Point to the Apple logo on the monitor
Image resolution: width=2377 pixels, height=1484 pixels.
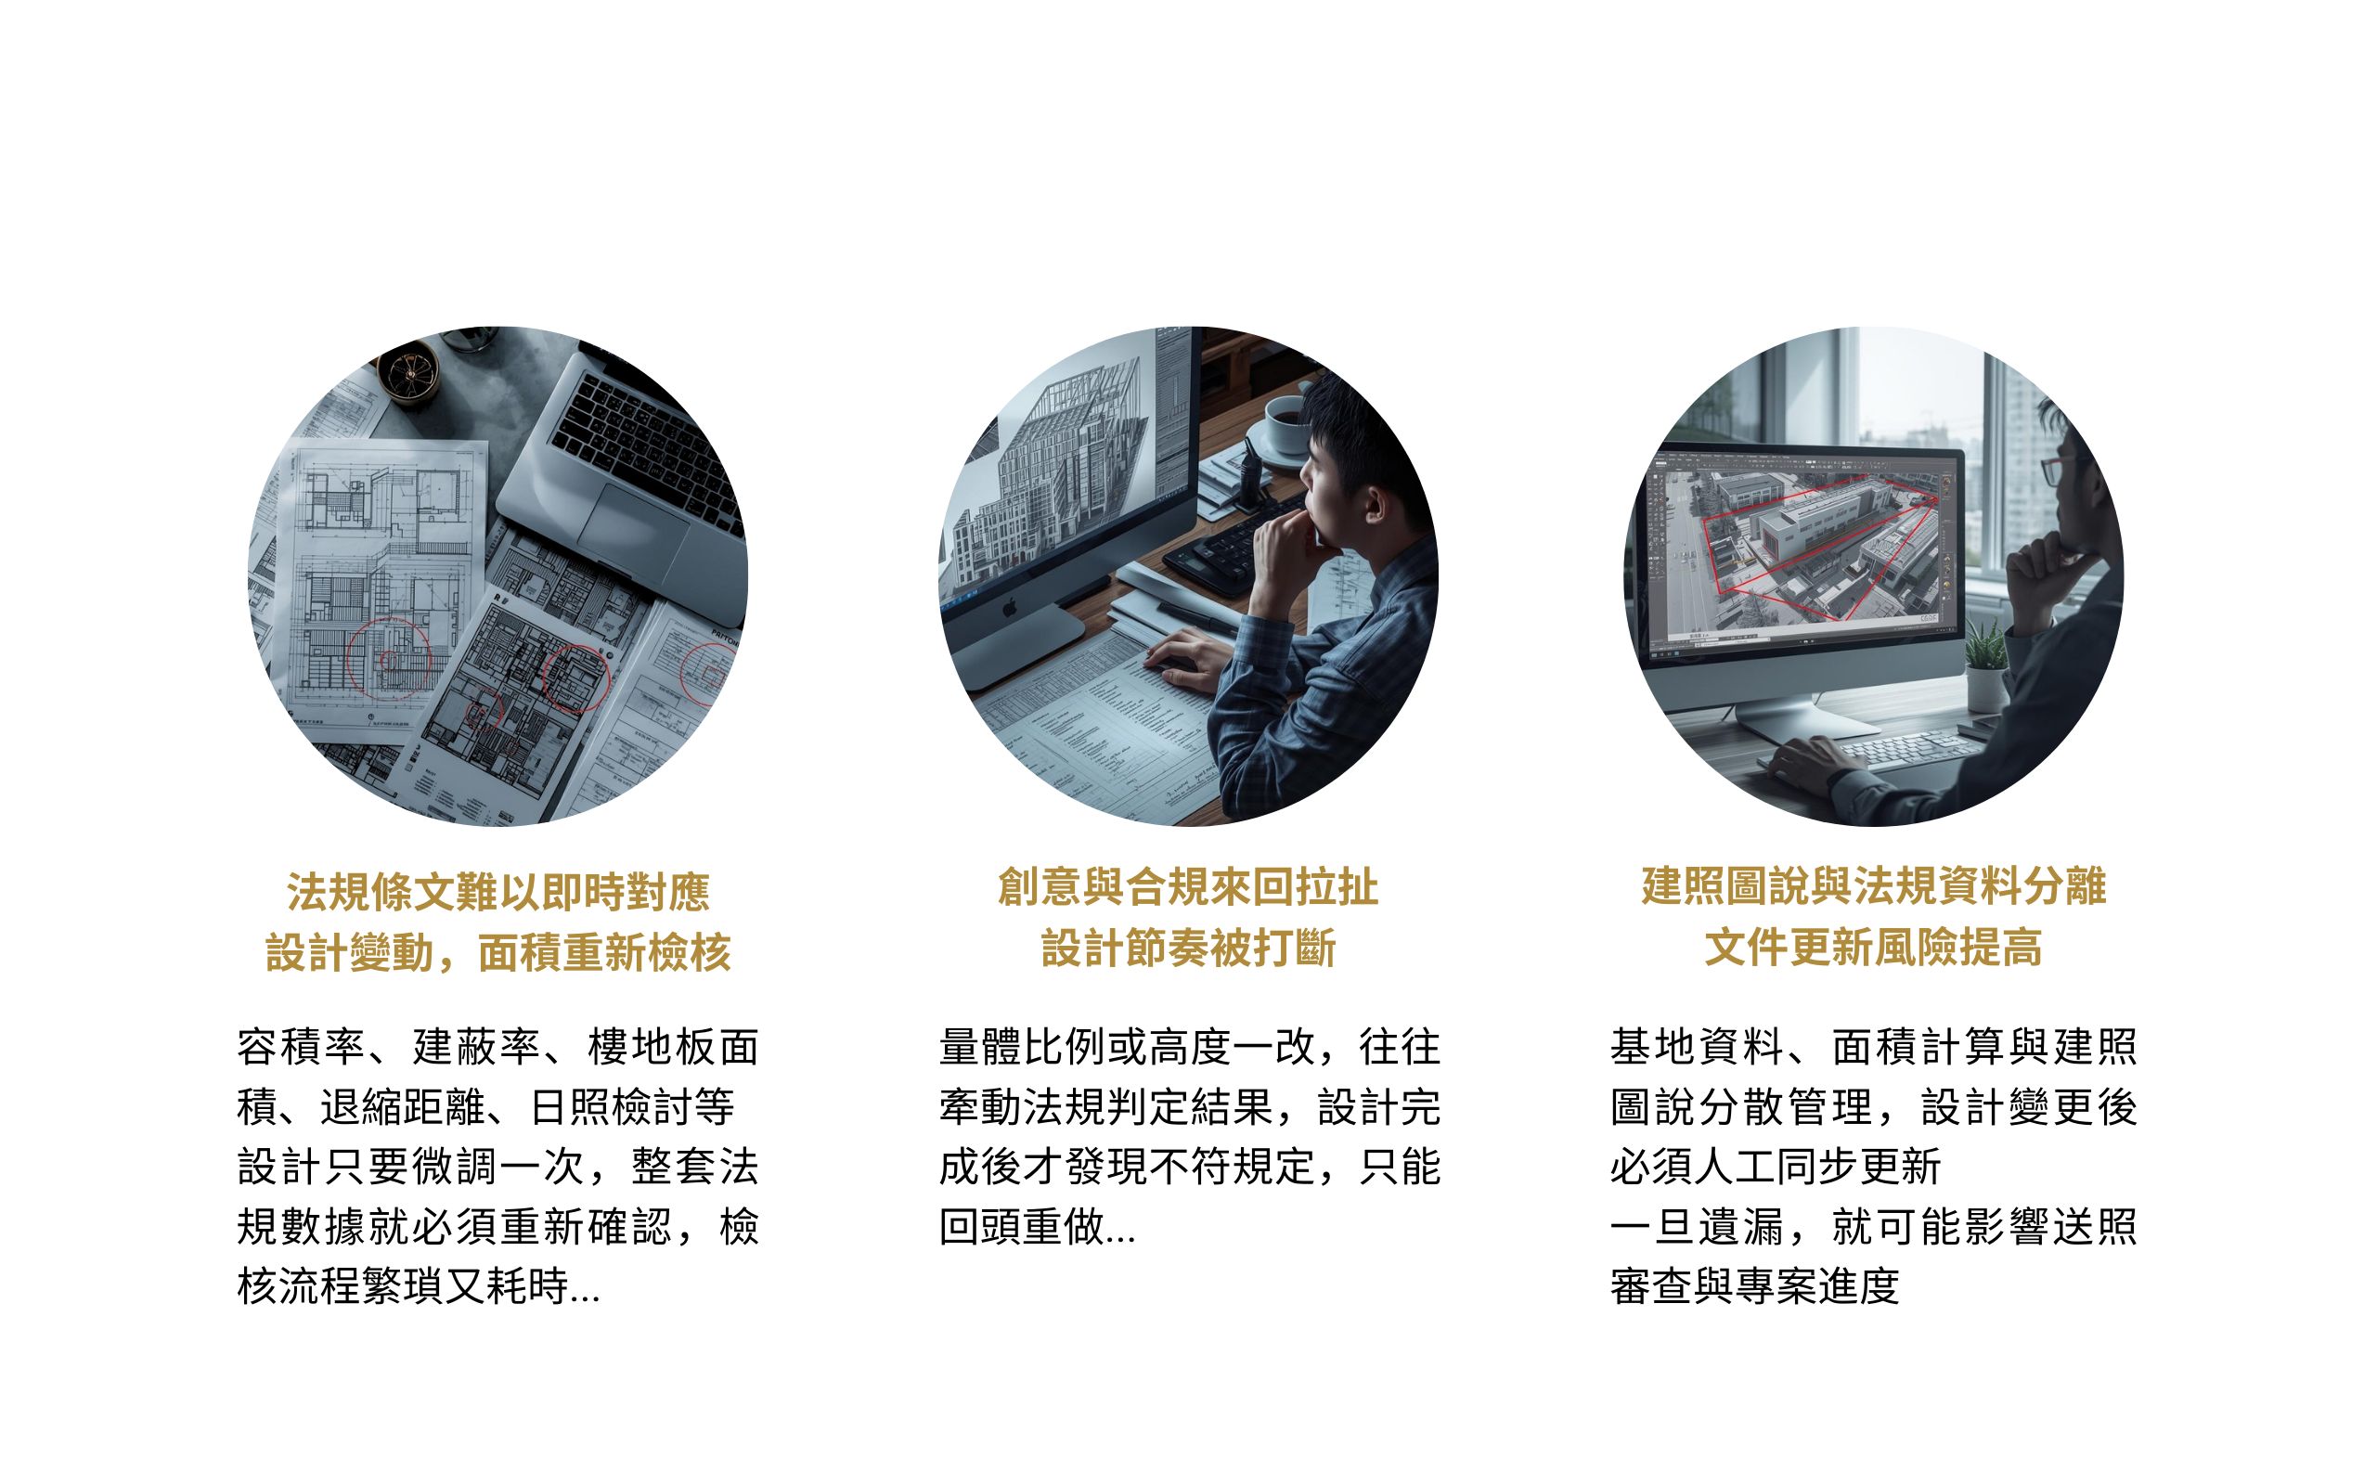pyautogui.click(x=1008, y=610)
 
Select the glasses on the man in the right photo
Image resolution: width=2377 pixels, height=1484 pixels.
pyautogui.click(x=2056, y=471)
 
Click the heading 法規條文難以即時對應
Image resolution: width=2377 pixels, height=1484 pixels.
pyautogui.click(x=497, y=892)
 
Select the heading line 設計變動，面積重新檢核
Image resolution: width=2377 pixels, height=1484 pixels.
pyautogui.click(x=497, y=953)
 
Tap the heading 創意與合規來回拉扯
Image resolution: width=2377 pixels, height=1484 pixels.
pyautogui.click(x=1187, y=887)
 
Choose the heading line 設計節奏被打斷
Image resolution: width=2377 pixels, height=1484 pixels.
pyautogui.click(x=1187, y=948)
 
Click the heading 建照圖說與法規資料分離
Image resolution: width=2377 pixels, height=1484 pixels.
pyautogui.click(x=1874, y=886)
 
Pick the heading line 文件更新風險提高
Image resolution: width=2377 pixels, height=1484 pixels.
pyautogui.click(x=1874, y=948)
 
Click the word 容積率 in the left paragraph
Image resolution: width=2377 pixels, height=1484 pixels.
pyautogui.click(x=301, y=1047)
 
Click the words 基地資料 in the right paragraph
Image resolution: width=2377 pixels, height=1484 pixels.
pyautogui.click(x=1697, y=1047)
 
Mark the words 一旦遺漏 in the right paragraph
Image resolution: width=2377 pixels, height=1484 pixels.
pyautogui.click(x=1697, y=1227)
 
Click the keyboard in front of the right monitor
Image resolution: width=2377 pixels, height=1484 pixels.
pyautogui.click(x=1894, y=751)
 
